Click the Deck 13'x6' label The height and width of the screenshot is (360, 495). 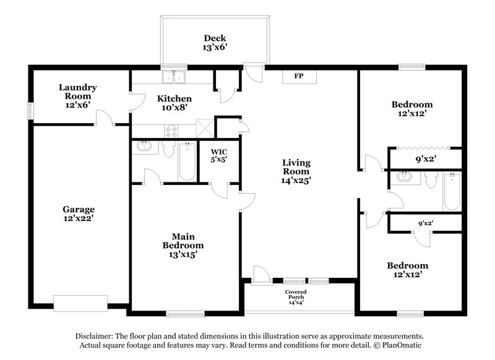tap(213, 42)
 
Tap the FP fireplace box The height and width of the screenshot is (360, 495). tap(298, 76)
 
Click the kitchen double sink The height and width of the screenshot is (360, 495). tap(174, 77)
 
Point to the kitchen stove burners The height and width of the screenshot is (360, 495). tap(171, 131)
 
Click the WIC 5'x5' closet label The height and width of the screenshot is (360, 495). tap(218, 155)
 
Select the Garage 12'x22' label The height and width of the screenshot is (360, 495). tap(78, 213)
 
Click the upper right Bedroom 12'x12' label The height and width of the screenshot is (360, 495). tap(411, 109)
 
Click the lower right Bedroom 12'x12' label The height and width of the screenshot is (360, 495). tap(408, 270)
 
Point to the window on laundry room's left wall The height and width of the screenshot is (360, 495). tap(29, 109)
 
